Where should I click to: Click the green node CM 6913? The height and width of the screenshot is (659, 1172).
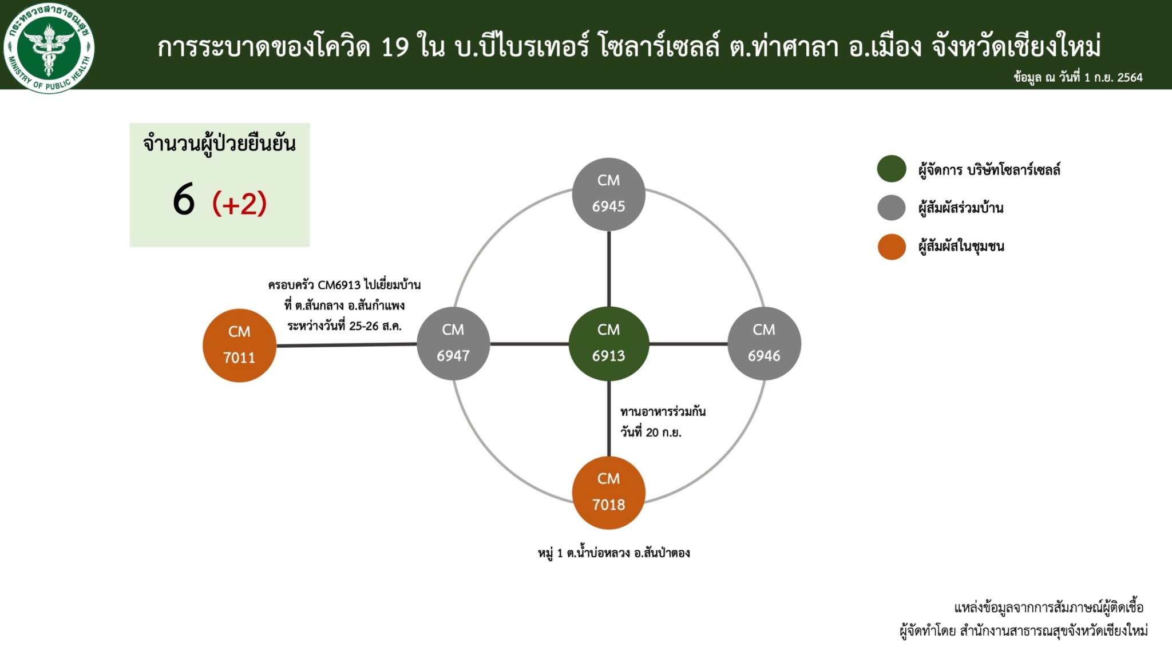(x=608, y=344)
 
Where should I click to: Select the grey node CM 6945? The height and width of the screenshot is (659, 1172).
(x=608, y=194)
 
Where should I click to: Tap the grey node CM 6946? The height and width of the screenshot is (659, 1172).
(x=764, y=344)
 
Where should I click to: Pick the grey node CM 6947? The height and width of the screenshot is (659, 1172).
(x=453, y=344)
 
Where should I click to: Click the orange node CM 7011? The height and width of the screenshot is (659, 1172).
(x=239, y=346)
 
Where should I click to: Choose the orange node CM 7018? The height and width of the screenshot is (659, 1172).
(x=608, y=493)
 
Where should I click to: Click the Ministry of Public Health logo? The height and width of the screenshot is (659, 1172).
(x=49, y=47)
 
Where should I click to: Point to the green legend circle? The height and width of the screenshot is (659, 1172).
(x=892, y=169)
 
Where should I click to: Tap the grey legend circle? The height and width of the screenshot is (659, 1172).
(x=892, y=208)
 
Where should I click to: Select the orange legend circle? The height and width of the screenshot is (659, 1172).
(x=892, y=247)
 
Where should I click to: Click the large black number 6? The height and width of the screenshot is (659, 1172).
(x=184, y=200)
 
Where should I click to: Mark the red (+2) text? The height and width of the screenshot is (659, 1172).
(x=240, y=203)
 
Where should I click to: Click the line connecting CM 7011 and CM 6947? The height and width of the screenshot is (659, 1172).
(x=346, y=345)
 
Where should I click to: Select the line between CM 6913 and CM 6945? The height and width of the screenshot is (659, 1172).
(x=609, y=269)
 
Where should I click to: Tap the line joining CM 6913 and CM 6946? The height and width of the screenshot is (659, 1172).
(x=688, y=344)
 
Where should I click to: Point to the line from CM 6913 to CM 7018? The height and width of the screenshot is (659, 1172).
(x=609, y=419)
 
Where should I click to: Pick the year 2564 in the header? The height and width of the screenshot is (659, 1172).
(x=1130, y=78)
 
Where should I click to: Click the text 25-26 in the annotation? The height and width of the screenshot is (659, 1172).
(x=364, y=326)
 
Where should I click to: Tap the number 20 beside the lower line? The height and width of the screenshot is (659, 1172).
(x=652, y=432)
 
